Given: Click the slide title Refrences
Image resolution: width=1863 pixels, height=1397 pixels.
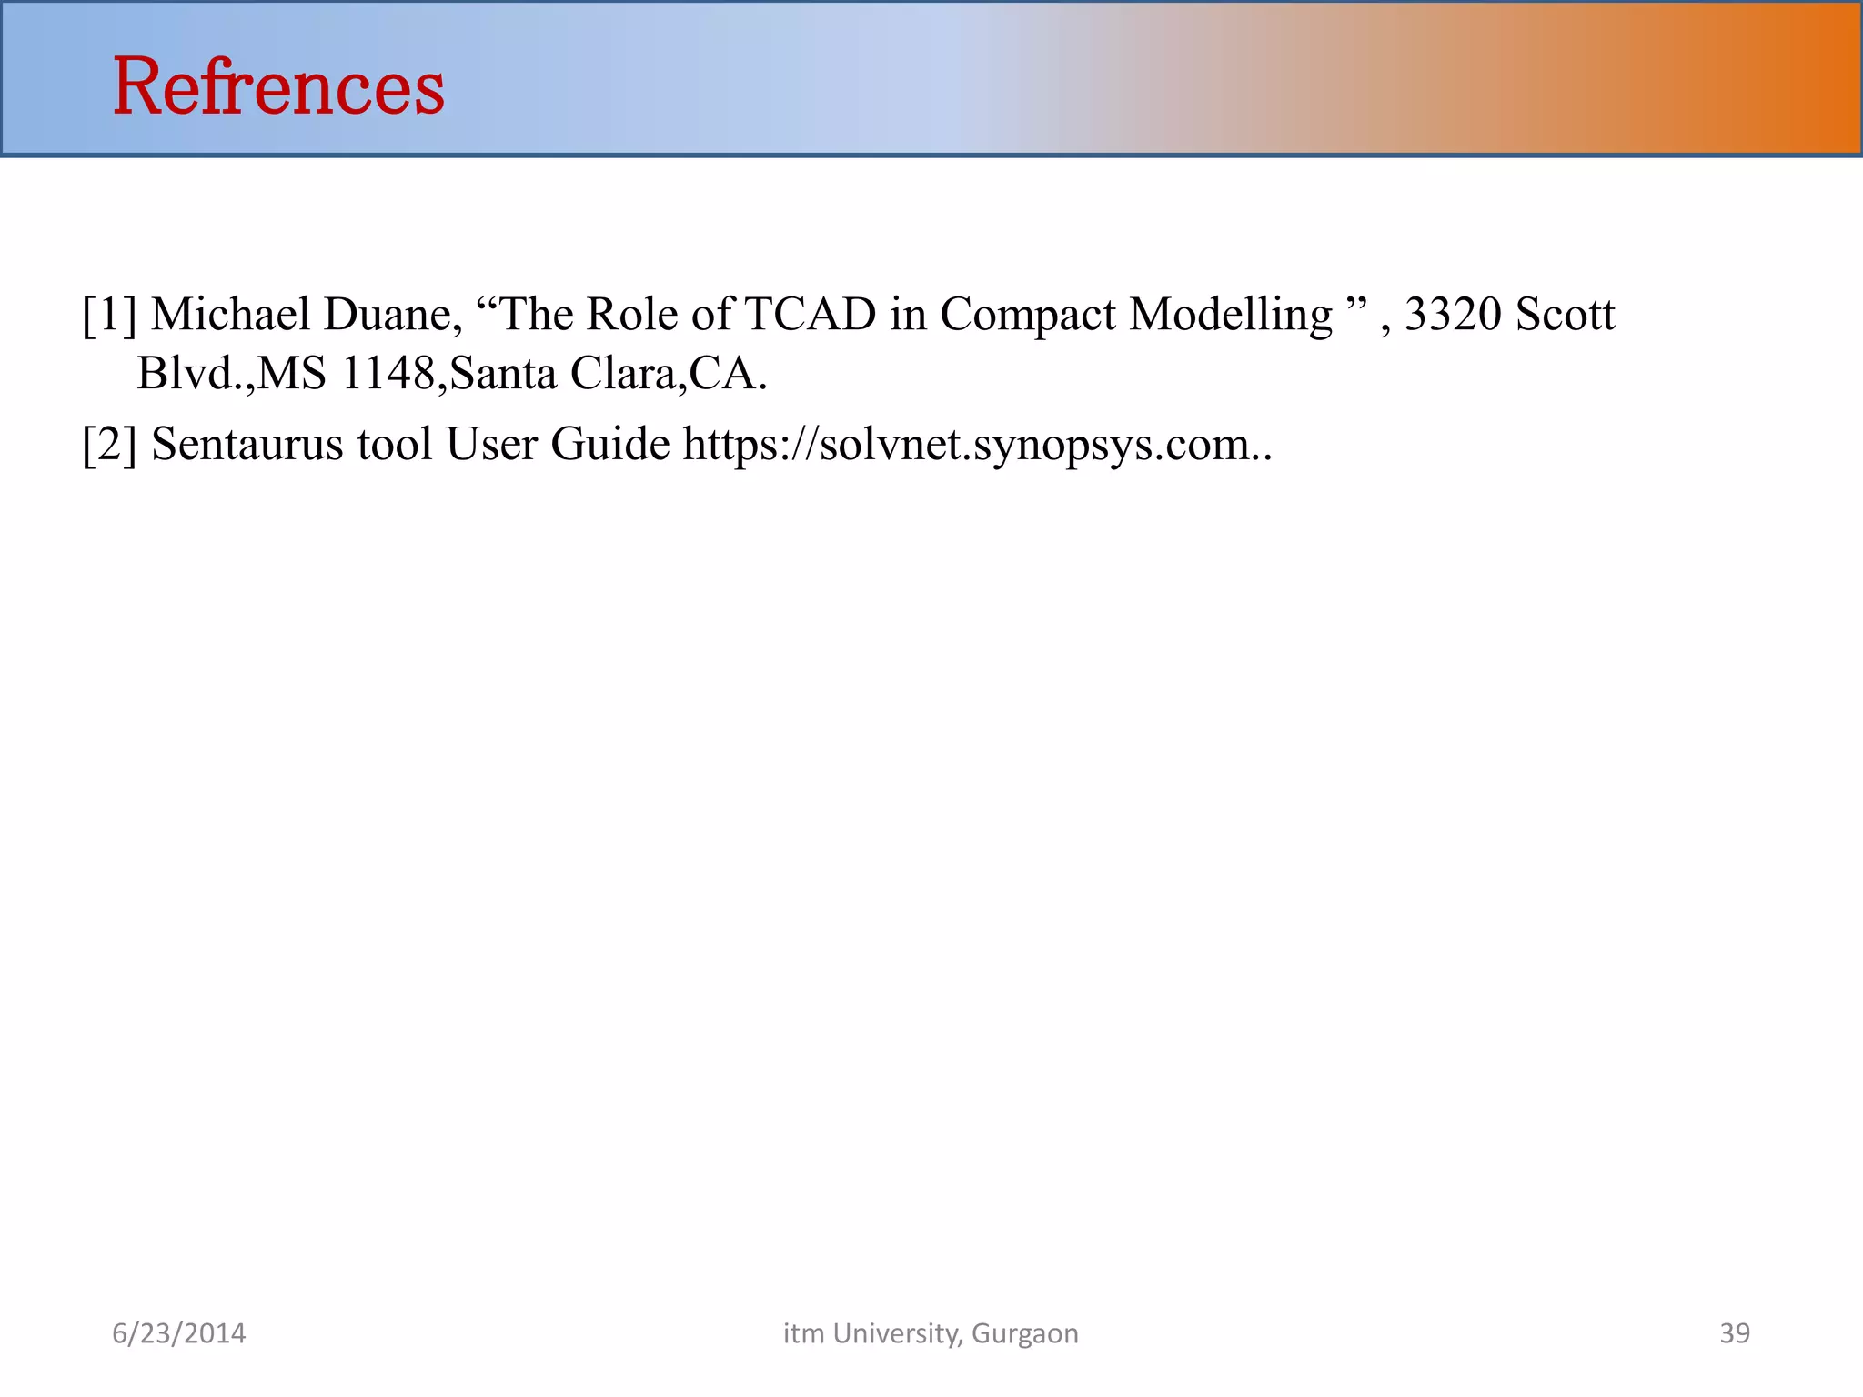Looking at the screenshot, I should pyautogui.click(x=278, y=87).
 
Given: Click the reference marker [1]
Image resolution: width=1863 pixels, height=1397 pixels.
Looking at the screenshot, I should pyautogui.click(x=109, y=315).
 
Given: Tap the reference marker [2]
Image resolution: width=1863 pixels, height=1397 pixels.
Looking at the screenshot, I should pyautogui.click(x=109, y=445).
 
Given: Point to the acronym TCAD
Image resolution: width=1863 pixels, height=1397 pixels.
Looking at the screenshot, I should pyautogui.click(x=811, y=315).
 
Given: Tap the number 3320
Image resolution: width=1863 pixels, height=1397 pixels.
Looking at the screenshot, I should pyautogui.click(x=1453, y=315).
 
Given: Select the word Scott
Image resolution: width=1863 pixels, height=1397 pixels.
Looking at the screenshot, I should pyautogui.click(x=1566, y=315).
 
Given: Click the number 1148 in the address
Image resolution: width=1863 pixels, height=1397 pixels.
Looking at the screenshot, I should pyautogui.click(x=388, y=374).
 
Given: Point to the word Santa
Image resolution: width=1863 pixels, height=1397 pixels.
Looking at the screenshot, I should pyautogui.click(x=503, y=374).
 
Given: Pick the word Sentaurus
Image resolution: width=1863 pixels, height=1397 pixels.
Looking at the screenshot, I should pyautogui.click(x=247, y=445).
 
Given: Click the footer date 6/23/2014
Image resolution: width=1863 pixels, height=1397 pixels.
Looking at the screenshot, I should pyautogui.click(x=178, y=1333).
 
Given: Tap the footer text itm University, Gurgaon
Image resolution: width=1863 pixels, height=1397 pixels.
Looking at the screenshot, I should pyautogui.click(x=931, y=1333).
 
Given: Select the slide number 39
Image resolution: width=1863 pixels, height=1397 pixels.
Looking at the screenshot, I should pyautogui.click(x=1735, y=1333).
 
